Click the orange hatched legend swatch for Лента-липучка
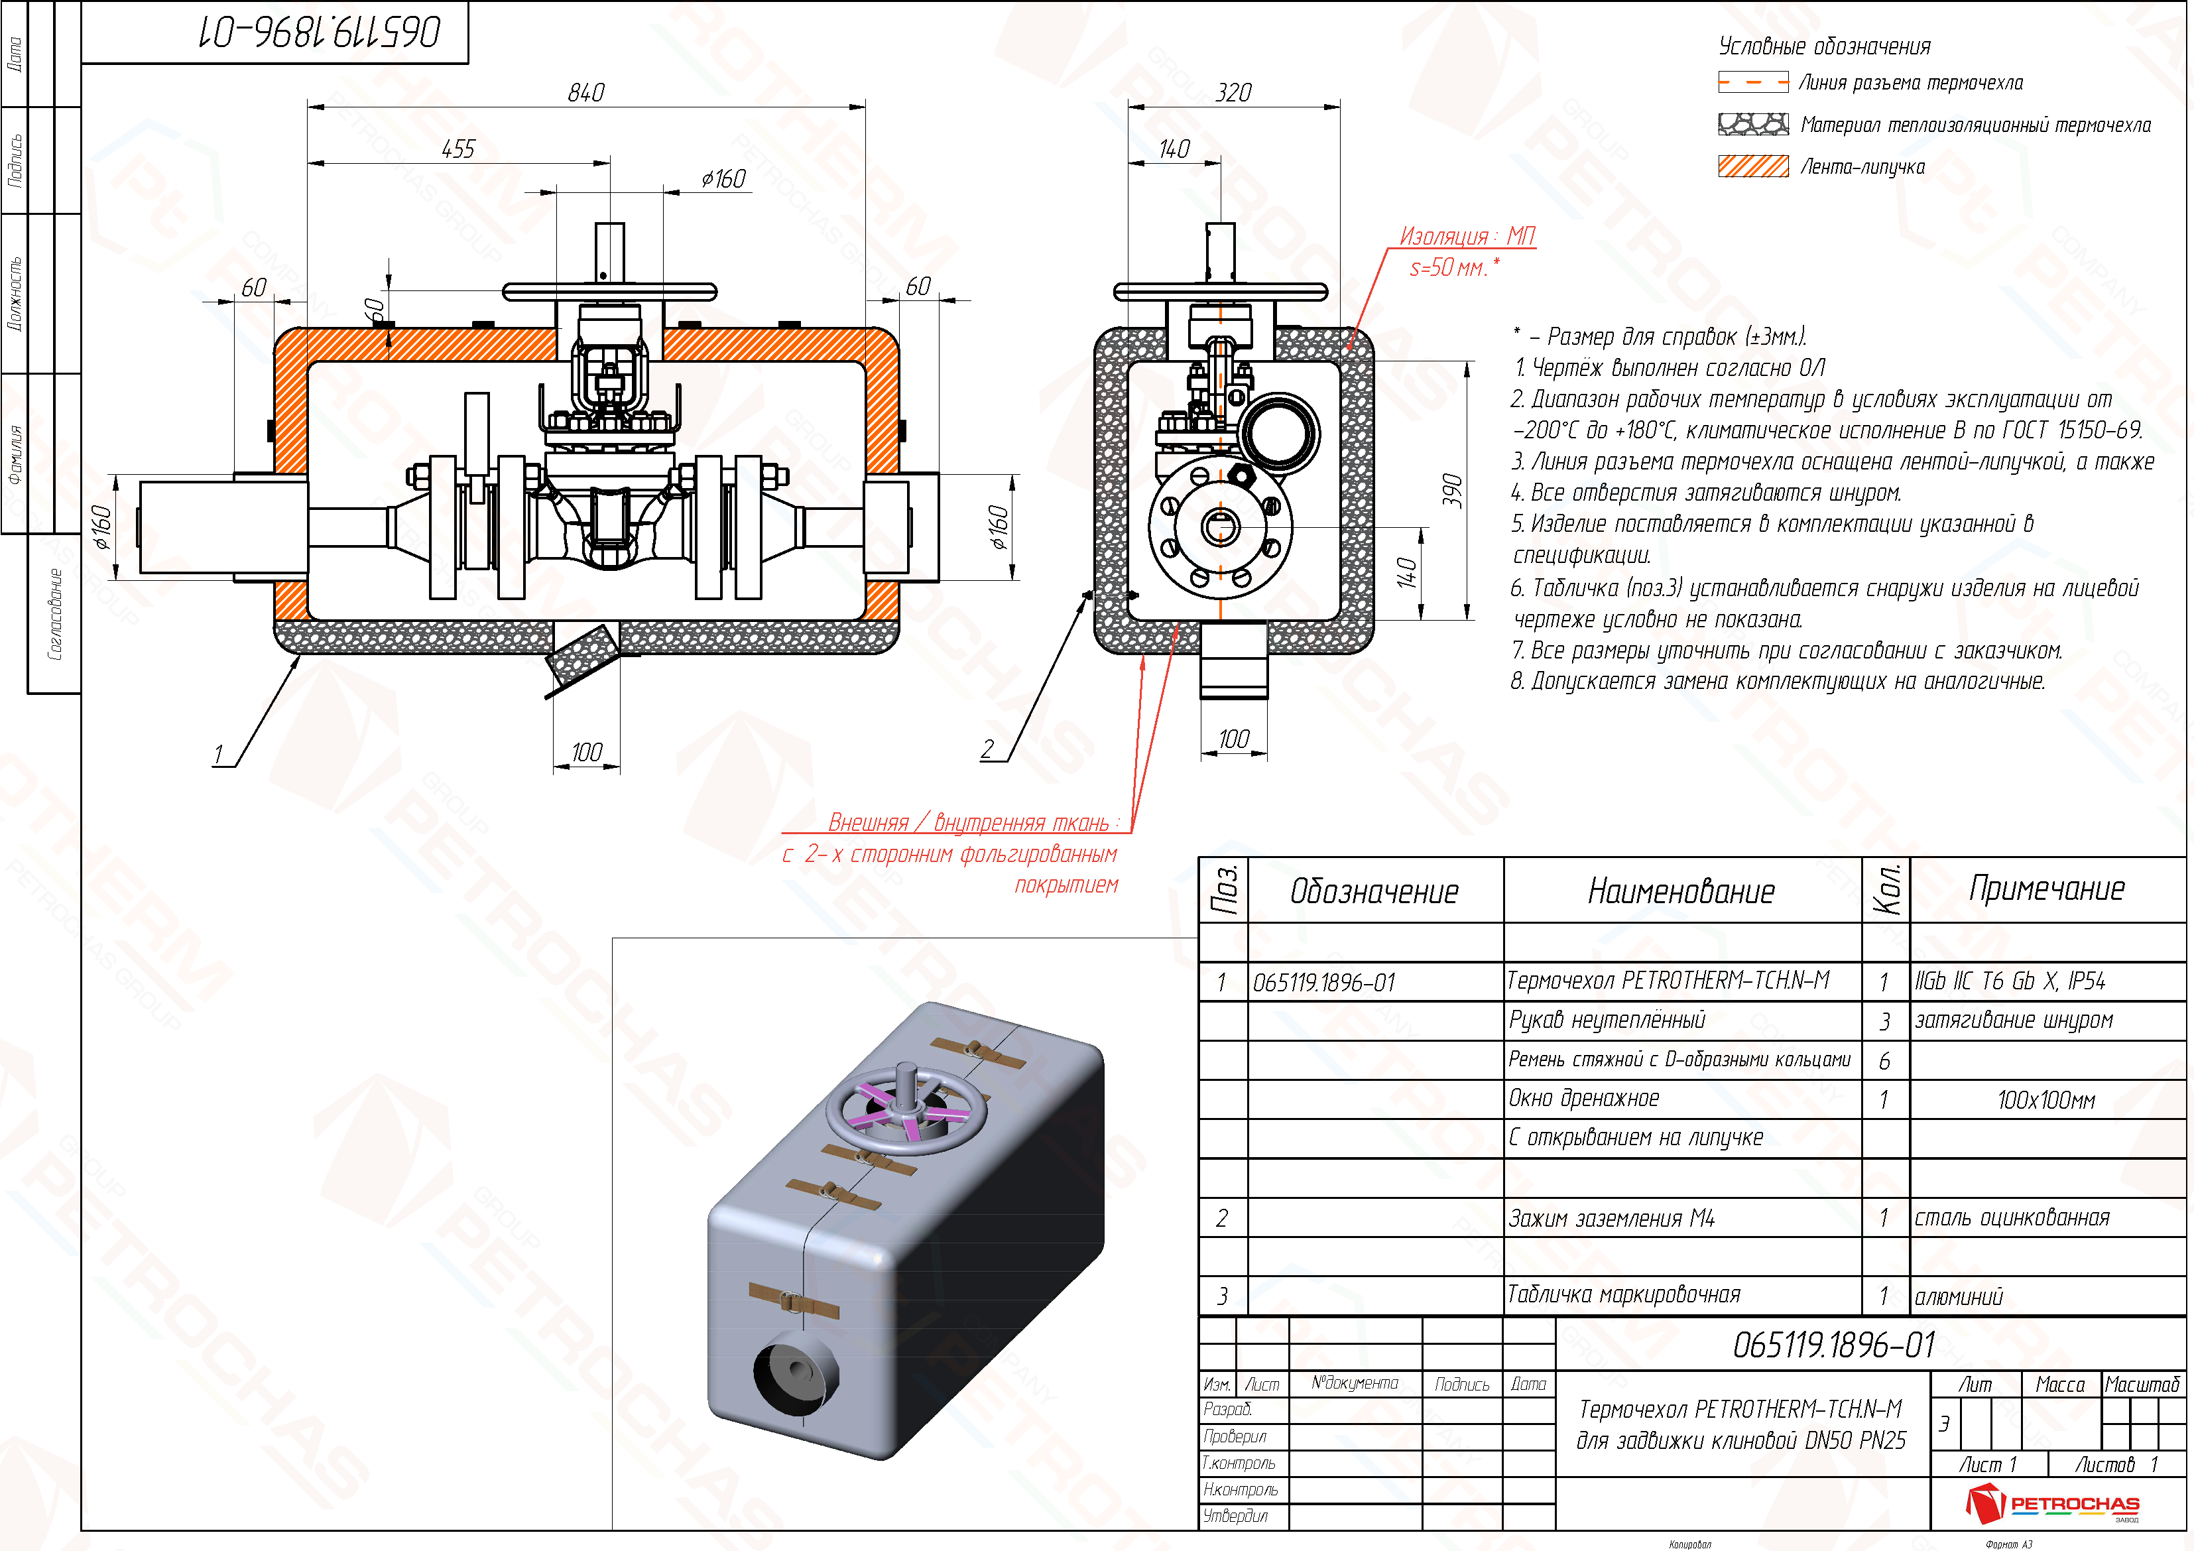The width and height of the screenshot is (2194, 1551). click(1752, 166)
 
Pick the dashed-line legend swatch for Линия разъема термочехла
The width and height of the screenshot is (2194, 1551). click(1752, 83)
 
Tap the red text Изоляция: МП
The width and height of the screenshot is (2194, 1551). click(1467, 235)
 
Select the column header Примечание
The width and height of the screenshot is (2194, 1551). click(2046, 889)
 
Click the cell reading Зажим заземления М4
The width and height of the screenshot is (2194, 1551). click(1611, 1218)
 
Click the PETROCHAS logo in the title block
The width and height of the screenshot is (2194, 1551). click(2053, 1503)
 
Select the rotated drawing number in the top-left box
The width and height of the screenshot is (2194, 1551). click(320, 32)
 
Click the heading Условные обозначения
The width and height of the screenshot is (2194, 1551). click(1823, 46)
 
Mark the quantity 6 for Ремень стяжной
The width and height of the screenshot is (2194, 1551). click(1884, 1061)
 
